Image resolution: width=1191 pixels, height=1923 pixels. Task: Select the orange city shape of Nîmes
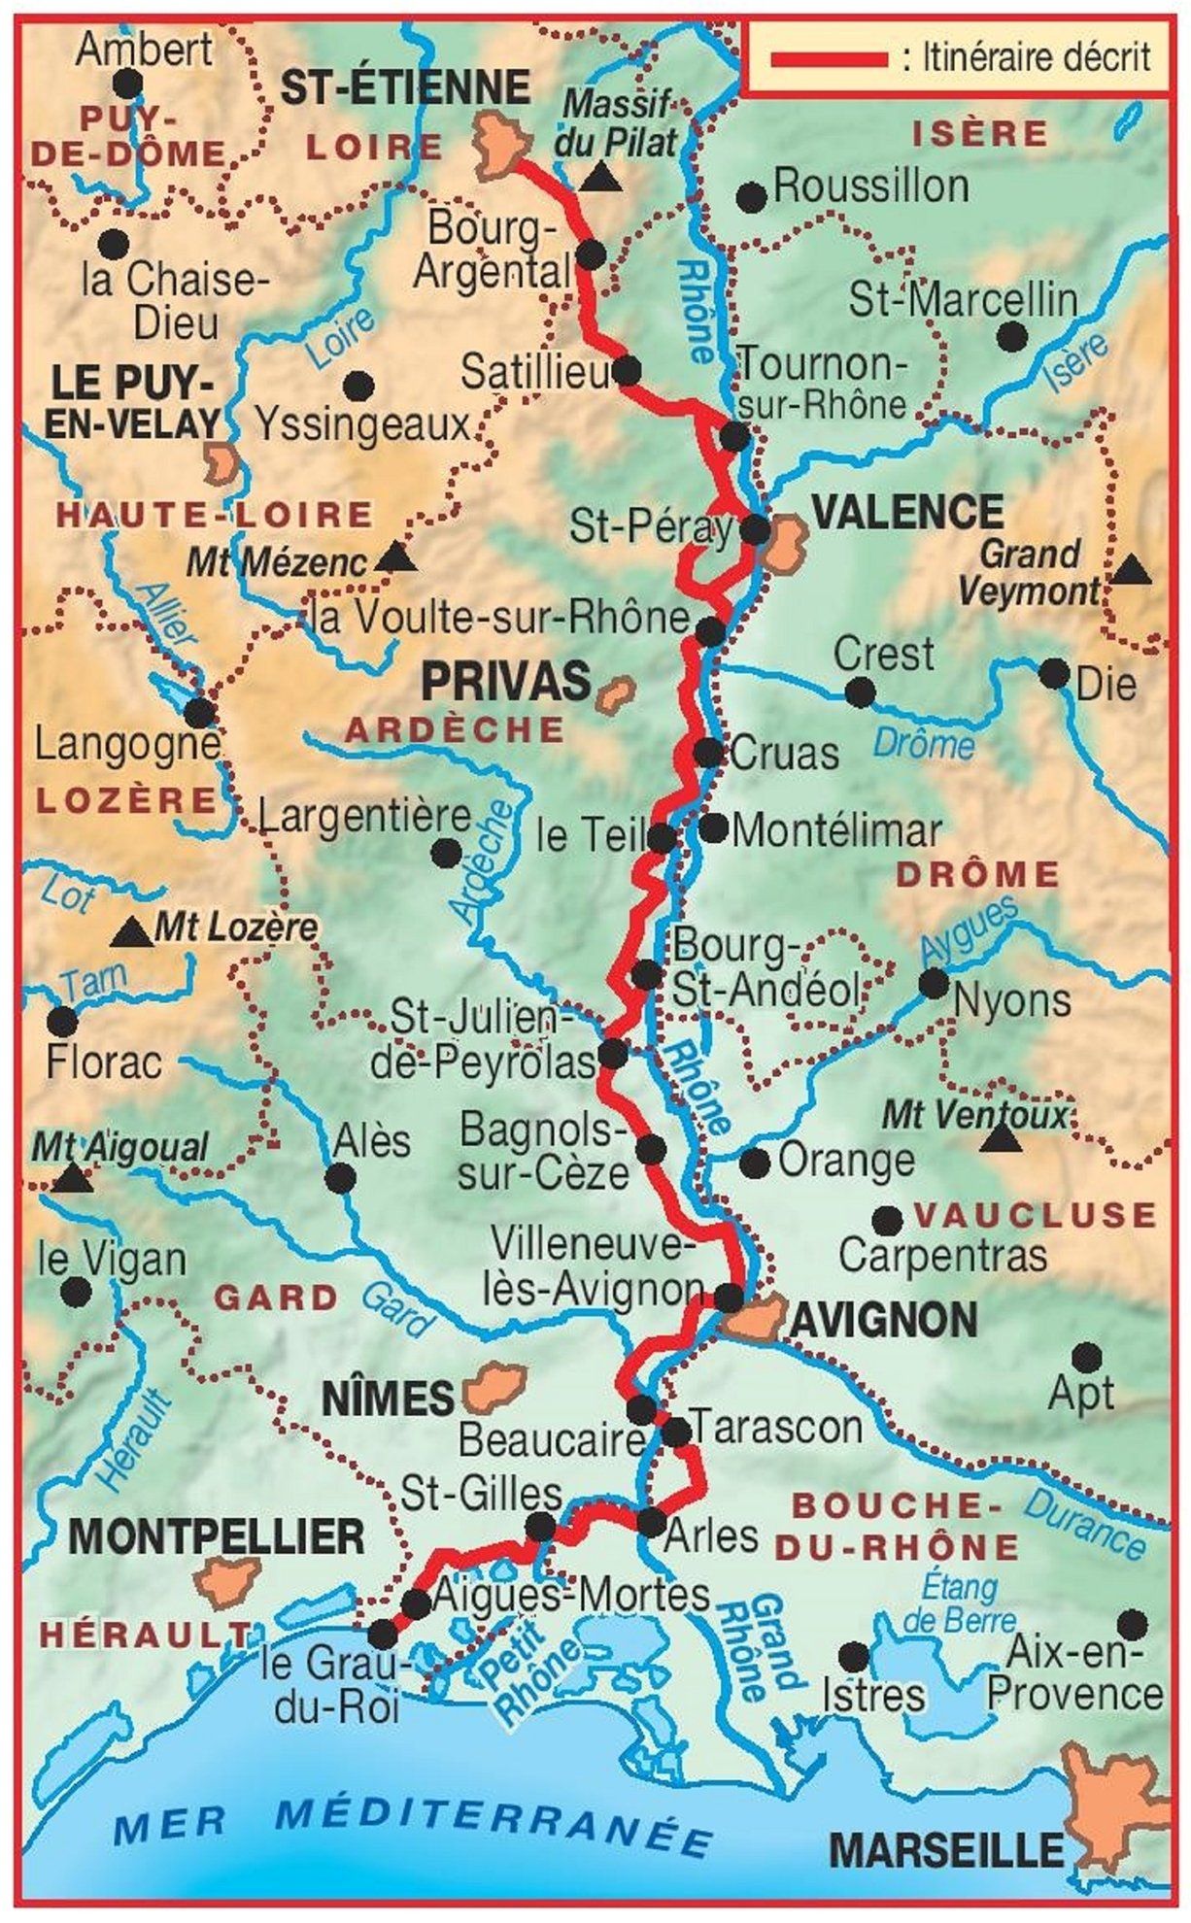(494, 1388)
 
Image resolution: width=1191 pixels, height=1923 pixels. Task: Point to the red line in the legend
(829, 59)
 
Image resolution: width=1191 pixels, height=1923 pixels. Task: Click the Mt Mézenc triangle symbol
(394, 558)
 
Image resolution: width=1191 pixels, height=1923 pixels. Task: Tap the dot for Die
(1054, 673)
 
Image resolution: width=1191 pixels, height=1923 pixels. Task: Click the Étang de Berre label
(959, 1603)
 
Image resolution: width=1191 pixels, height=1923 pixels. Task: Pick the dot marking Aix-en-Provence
(1131, 1624)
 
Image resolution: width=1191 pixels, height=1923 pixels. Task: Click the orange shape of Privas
(614, 694)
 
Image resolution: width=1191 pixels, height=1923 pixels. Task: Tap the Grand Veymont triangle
(1130, 571)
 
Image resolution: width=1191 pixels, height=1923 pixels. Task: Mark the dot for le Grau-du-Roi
(382, 1631)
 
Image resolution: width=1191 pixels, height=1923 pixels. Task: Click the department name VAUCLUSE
(1036, 1215)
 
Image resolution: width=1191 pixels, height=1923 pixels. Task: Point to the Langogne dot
(199, 713)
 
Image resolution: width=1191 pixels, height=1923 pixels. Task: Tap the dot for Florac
(62, 1021)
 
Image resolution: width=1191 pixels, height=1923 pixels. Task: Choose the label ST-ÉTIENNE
(405, 87)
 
